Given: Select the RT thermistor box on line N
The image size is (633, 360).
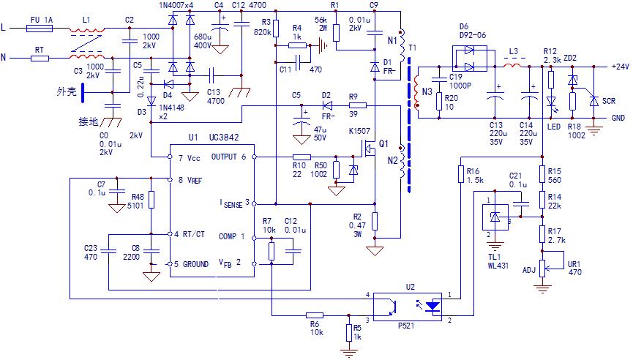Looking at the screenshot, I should [40, 57].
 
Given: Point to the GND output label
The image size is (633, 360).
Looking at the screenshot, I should [618, 117].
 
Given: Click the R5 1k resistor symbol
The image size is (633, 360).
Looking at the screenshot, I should [348, 334].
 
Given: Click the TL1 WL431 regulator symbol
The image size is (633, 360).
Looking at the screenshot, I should [494, 217].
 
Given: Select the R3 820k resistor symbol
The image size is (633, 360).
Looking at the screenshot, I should [275, 30].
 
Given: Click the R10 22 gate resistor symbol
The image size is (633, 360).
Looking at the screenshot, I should [301, 157].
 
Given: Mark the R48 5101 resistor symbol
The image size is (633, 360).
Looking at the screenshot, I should [150, 200].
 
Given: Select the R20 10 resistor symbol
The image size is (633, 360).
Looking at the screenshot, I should [438, 101].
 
